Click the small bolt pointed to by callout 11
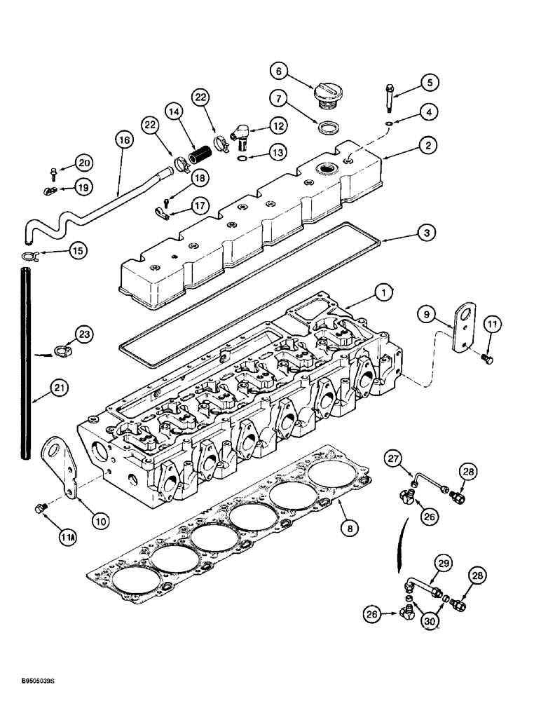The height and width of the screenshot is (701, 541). point(488,359)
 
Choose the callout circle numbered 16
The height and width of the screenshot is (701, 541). point(124,141)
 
